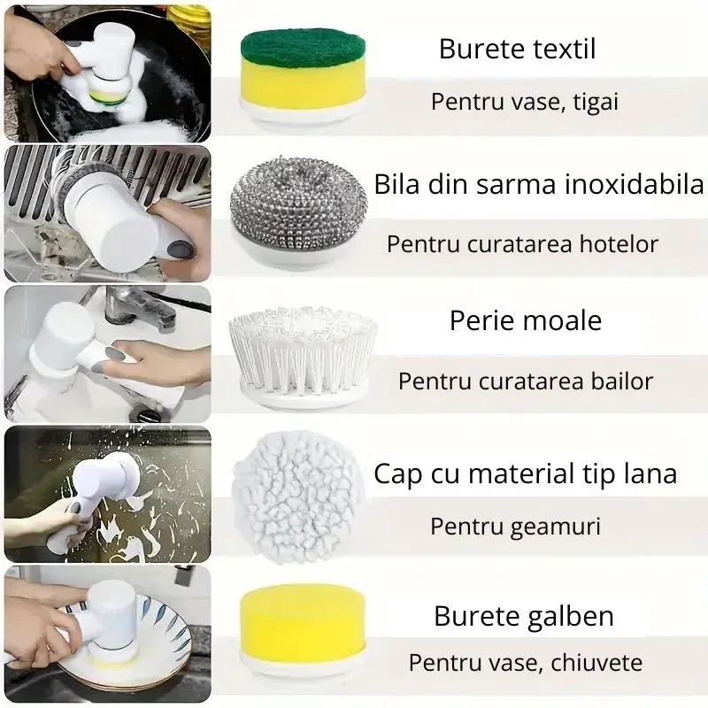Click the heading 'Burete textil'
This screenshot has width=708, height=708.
point(517,48)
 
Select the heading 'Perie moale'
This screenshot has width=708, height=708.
point(526,320)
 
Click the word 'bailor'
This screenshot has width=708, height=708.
point(621,381)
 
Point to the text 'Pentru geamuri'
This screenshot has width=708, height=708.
point(515,527)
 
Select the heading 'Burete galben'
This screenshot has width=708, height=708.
point(524,616)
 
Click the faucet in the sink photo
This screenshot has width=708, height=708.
point(133,305)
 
